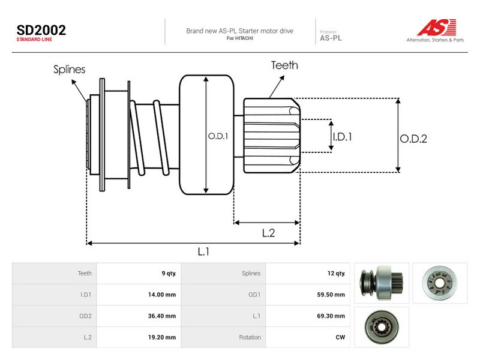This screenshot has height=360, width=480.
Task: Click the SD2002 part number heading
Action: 41,30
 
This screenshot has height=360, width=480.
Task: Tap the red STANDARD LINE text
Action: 34,40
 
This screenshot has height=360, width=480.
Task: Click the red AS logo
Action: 437,27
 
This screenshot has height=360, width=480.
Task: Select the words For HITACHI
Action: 240,38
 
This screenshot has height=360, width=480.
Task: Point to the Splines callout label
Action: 69,70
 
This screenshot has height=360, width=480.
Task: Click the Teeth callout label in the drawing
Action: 284,65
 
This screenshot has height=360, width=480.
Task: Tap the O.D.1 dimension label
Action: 218,136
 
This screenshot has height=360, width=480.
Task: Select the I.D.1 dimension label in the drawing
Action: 343,137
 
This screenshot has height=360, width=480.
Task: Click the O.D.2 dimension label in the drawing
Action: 413,139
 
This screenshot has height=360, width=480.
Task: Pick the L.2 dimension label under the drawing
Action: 268,233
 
